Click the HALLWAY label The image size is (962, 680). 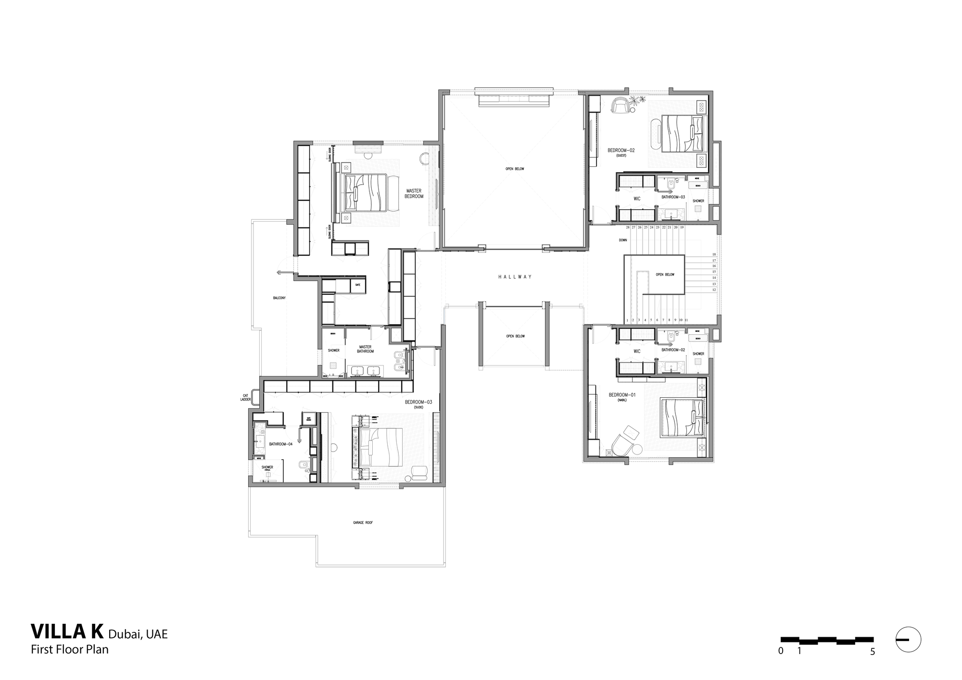(x=515, y=277)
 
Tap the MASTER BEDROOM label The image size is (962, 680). (x=414, y=194)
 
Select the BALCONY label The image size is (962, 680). (x=279, y=298)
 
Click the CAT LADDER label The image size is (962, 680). (x=245, y=398)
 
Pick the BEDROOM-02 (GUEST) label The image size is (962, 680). (x=621, y=152)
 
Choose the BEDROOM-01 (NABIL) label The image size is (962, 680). (x=622, y=396)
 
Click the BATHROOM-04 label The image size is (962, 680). (x=281, y=444)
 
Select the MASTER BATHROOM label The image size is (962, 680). (x=365, y=349)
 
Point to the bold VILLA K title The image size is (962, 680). (x=67, y=630)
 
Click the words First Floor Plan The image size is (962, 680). (x=70, y=649)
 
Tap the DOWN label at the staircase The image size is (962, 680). (x=623, y=240)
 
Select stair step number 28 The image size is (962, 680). (x=627, y=227)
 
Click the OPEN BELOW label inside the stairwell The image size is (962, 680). (x=665, y=275)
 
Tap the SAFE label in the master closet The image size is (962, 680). (x=357, y=285)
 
